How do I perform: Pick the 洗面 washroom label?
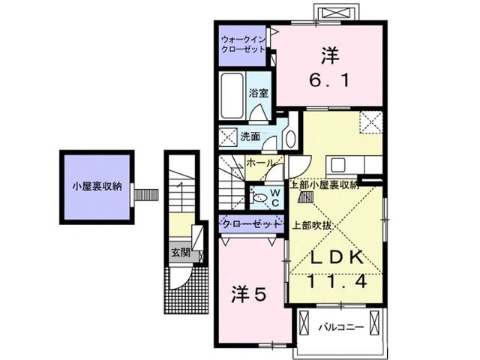250,136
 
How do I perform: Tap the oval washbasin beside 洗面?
290,137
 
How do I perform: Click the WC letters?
275,196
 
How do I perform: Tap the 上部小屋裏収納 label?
324,184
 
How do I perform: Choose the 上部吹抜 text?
308,224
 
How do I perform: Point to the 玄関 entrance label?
179,253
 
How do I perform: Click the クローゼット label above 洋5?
252,224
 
